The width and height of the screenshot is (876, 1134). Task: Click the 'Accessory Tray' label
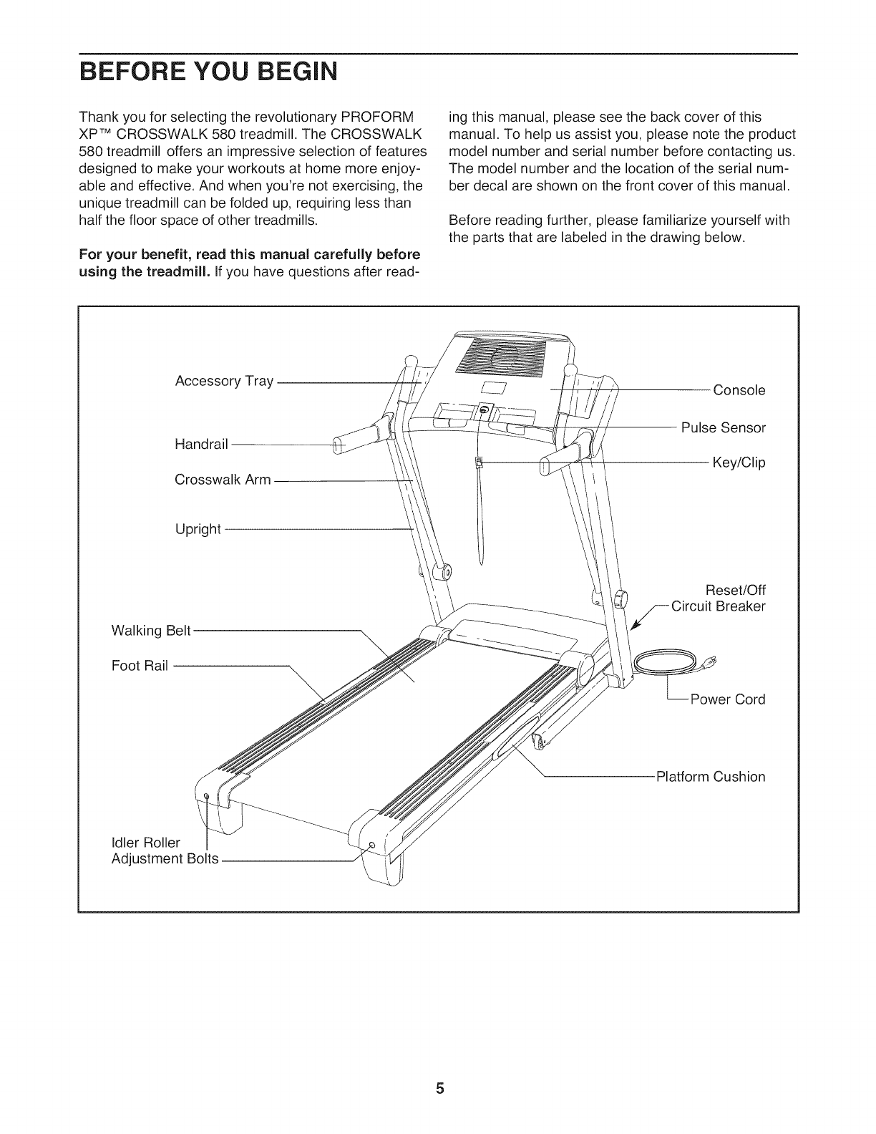224,381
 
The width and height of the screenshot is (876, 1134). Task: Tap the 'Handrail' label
201,445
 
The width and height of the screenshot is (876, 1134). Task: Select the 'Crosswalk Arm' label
223,480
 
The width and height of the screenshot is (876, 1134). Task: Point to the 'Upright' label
198,530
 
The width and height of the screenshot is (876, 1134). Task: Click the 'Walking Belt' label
151,631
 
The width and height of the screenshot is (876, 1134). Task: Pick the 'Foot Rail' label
140,666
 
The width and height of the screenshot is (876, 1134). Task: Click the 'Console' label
739,390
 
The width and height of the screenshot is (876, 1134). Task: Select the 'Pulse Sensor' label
723,428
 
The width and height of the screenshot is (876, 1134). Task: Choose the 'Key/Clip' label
739,462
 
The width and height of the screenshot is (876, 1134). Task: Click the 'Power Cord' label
727,699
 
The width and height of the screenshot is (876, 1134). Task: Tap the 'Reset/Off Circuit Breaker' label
717,598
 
